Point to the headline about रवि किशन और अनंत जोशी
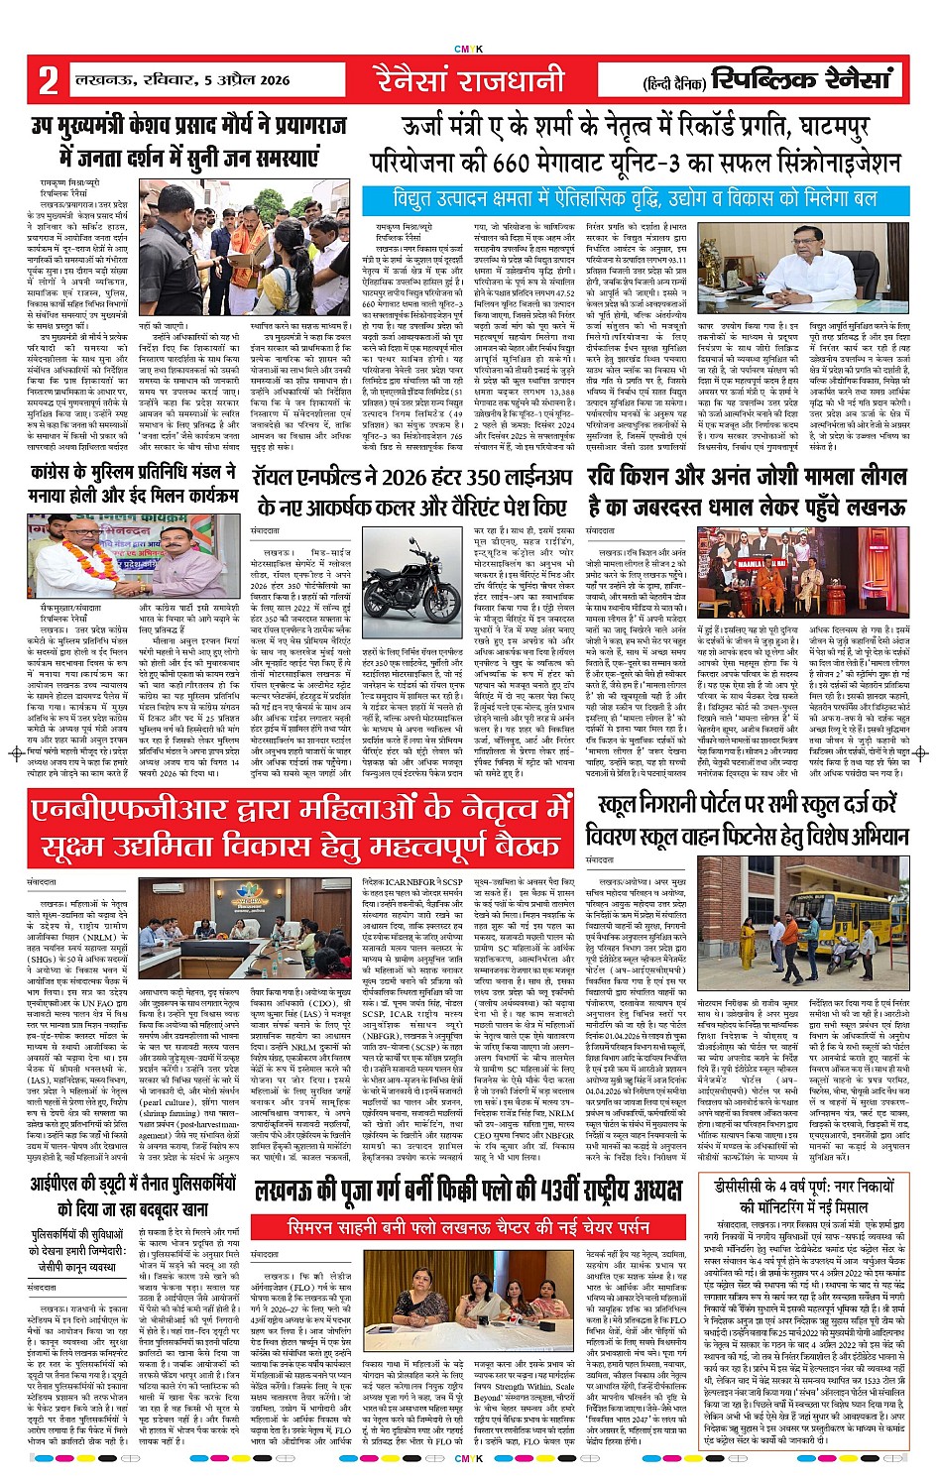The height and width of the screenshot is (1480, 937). tap(746, 492)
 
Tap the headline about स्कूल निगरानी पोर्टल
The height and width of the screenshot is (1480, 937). tap(754, 820)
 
